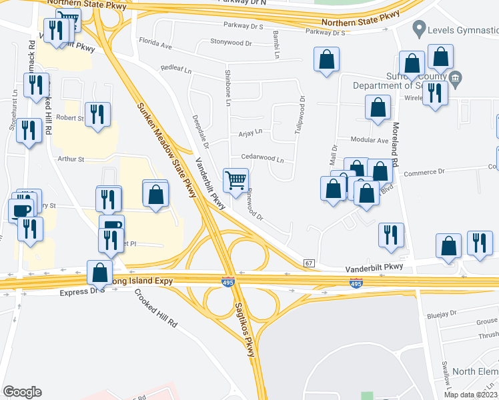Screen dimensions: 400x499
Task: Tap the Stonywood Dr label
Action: pyautogui.click(x=230, y=42)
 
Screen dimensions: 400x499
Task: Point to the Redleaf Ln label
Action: pyautogui.click(x=176, y=69)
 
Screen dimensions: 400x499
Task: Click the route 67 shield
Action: pyautogui.click(x=308, y=264)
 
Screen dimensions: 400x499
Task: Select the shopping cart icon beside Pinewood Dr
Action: pyautogui.click(x=235, y=181)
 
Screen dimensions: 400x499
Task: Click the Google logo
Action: pyautogui.click(x=22, y=392)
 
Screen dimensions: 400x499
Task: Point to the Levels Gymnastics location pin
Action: pyautogui.click(x=420, y=29)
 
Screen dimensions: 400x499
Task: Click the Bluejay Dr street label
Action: pyautogui.click(x=443, y=312)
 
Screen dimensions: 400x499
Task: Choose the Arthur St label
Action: pyautogui.click(x=71, y=159)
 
